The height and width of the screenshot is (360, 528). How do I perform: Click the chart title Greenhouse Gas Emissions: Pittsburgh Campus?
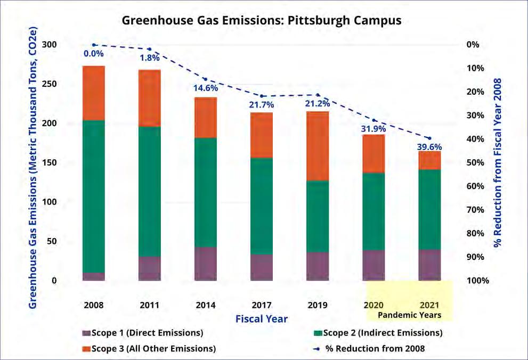[262, 21]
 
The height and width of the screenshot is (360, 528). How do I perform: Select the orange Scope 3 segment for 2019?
[318, 146]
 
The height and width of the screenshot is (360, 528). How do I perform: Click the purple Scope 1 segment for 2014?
[206, 264]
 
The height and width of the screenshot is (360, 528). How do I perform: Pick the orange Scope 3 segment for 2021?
[429, 160]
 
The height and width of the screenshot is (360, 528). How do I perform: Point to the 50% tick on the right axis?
[474, 162]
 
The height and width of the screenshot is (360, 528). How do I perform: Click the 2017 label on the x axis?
[262, 306]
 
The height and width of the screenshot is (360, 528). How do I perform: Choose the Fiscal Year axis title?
[262, 319]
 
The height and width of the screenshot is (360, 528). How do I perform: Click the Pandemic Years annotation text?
[409, 315]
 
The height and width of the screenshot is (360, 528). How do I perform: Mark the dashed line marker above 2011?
[150, 49]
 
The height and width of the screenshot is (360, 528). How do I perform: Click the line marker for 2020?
[373, 120]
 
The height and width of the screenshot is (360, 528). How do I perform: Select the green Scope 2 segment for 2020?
[373, 211]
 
